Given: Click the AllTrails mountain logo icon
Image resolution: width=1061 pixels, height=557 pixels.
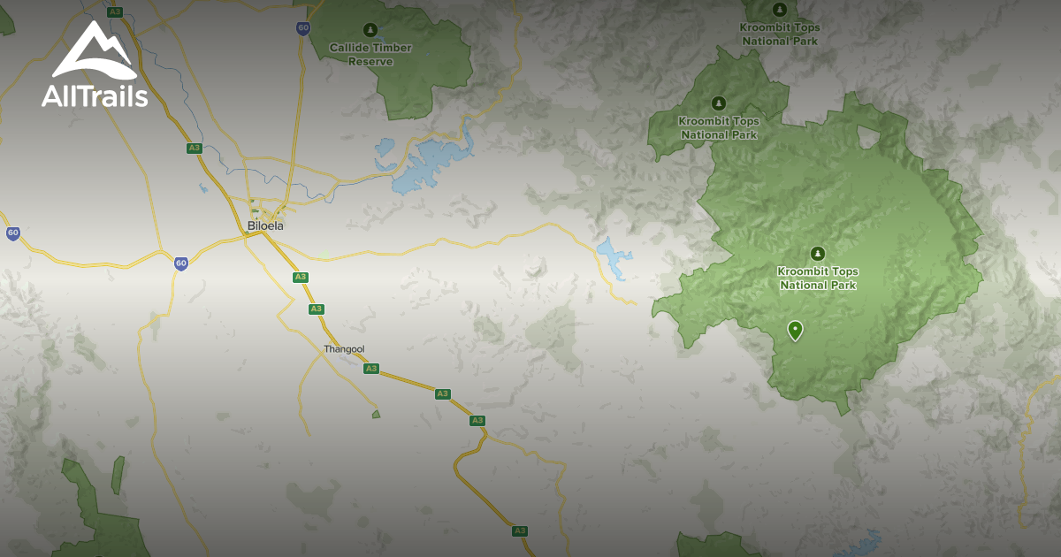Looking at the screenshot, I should tap(94, 50).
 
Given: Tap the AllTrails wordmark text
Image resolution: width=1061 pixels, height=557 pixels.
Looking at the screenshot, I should tap(95, 96).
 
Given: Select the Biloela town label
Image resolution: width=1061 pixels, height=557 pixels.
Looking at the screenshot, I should tap(265, 225).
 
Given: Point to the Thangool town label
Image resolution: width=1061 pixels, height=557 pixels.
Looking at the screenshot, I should tap(344, 349).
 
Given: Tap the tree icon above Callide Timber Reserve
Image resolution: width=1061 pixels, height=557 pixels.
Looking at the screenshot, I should tap(370, 30).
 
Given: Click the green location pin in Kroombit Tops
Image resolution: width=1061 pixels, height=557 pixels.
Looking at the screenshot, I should tap(795, 330).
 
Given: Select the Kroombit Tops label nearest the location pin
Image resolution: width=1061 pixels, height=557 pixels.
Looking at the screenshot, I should tap(818, 278).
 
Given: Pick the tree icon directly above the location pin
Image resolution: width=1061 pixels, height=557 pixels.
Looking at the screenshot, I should tap(818, 254).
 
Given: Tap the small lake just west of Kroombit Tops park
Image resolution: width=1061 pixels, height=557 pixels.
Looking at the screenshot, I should tap(611, 257).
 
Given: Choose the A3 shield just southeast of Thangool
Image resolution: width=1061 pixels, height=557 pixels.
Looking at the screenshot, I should tap(371, 369).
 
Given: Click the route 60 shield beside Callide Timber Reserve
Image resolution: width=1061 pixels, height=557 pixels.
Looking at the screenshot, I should tap(303, 28).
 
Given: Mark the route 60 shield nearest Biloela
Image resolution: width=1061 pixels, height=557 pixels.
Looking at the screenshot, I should tap(180, 263).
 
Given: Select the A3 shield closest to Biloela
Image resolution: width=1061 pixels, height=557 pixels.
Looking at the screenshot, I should tap(301, 277).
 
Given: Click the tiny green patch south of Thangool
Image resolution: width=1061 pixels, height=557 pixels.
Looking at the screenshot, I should tap(376, 414).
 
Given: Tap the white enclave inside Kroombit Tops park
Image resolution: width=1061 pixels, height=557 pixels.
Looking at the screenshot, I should tap(869, 137).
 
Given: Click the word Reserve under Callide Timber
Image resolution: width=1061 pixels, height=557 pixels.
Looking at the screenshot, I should tap(370, 62).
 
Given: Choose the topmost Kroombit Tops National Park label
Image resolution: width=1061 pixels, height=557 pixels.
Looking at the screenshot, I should tap(780, 34).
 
